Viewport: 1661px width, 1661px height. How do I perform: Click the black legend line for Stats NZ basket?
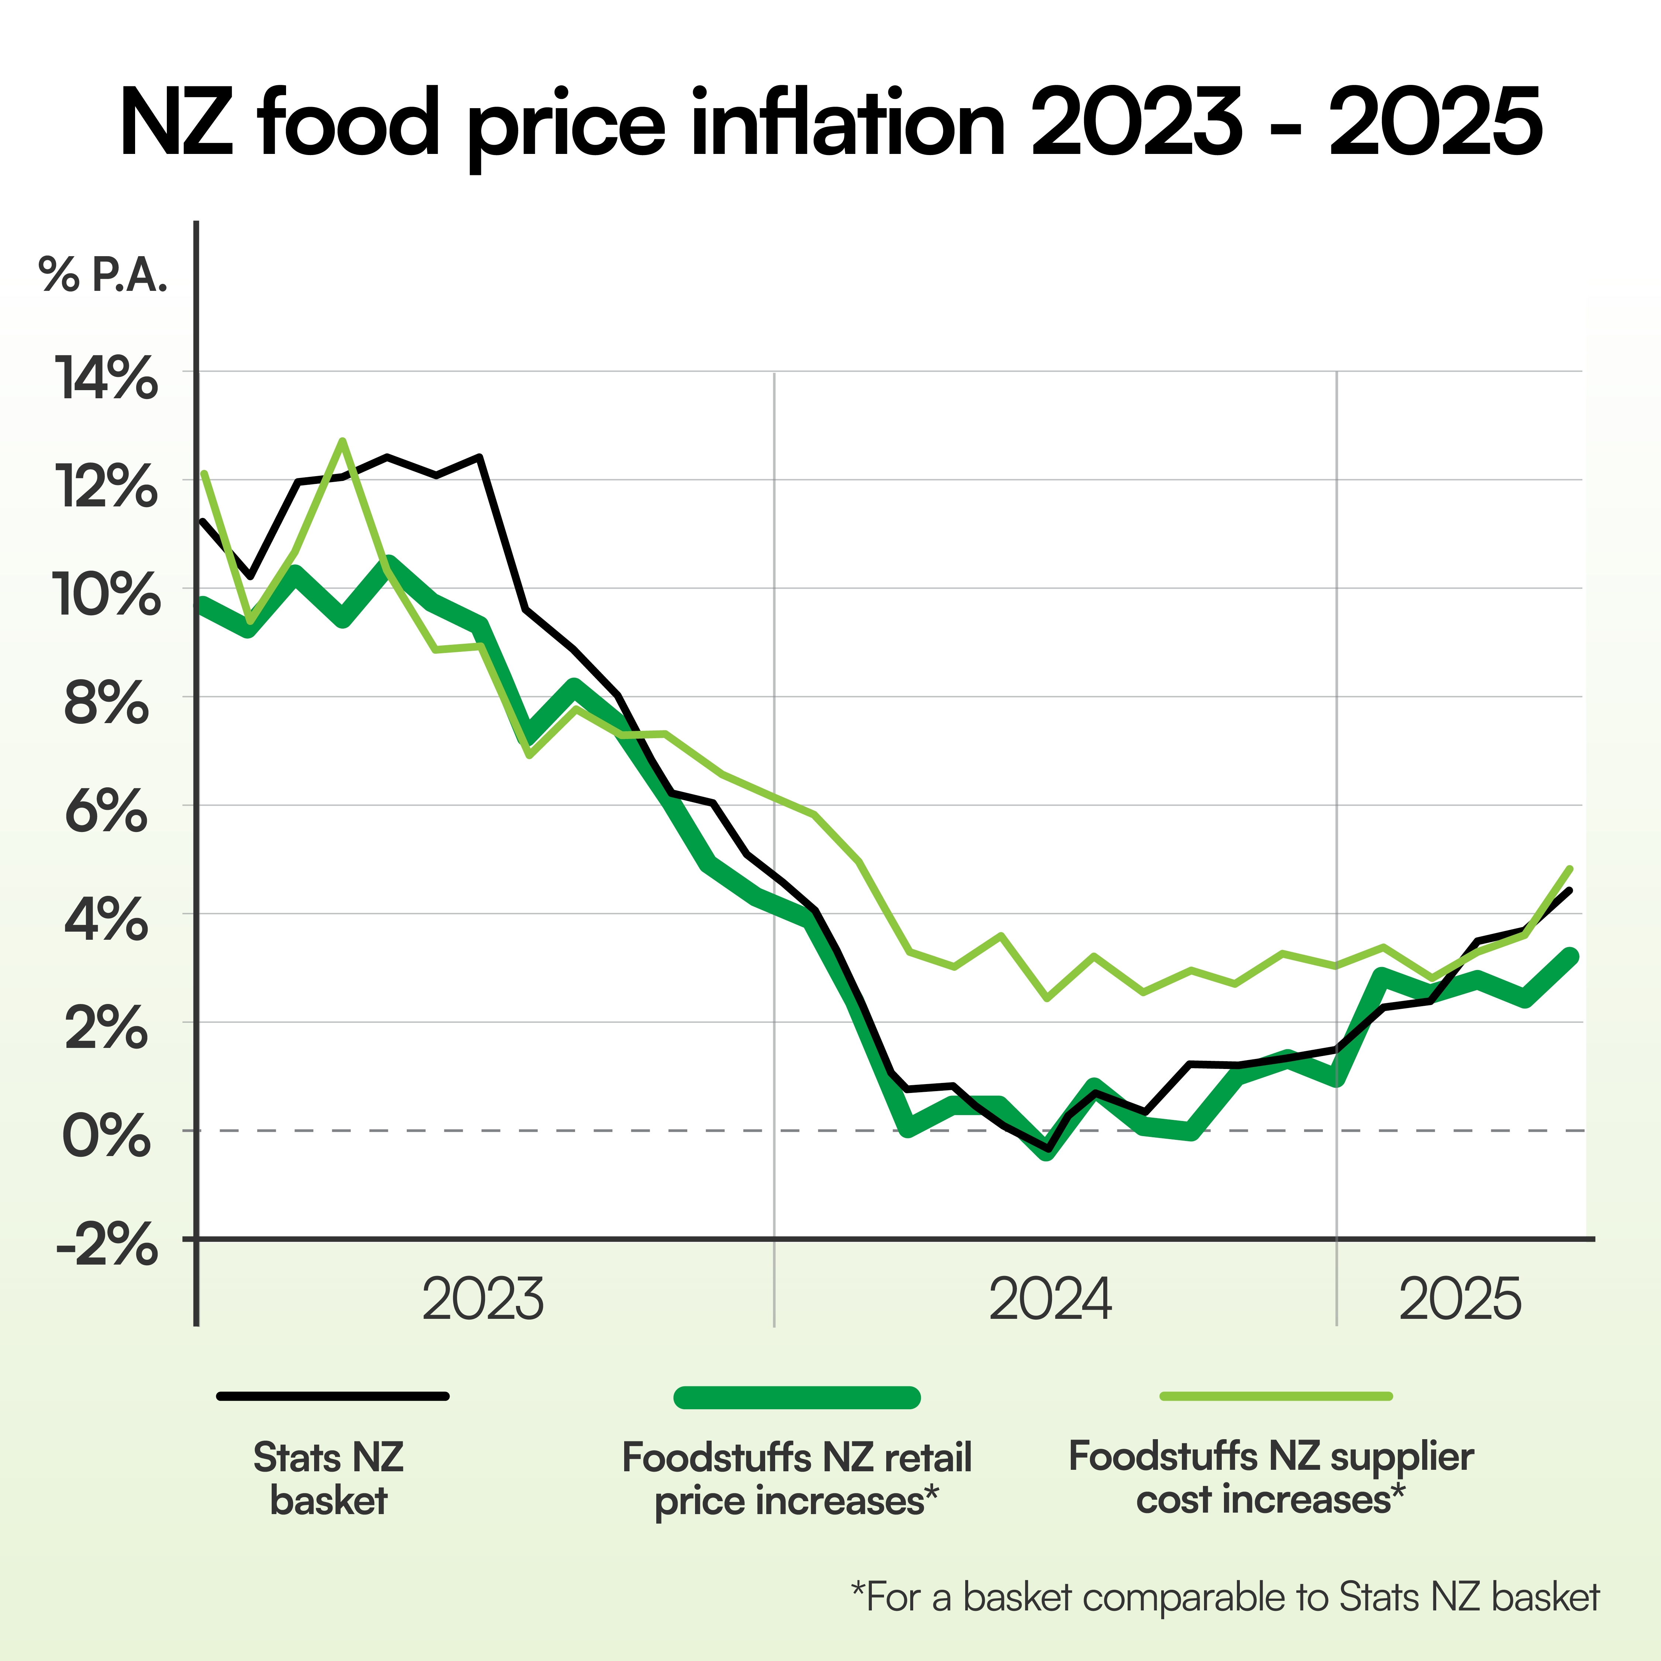pos(333,1396)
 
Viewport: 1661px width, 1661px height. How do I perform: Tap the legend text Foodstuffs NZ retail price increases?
pos(797,1479)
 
